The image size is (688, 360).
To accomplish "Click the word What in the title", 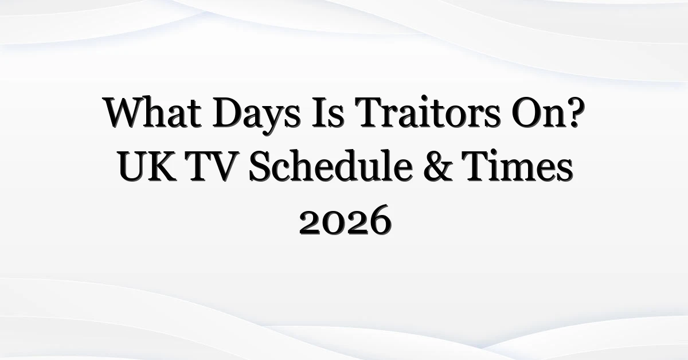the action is point(153,112).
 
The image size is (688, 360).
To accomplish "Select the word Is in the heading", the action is point(327,112).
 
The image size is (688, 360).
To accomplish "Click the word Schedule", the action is point(330,165).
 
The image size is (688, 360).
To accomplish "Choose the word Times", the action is point(518,166).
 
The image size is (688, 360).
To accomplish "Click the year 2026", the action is point(346,220).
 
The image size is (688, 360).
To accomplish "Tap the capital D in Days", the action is point(229,112).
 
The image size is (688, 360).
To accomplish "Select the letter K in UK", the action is point(162,166).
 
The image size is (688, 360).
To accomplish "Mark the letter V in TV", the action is point(224,166).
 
